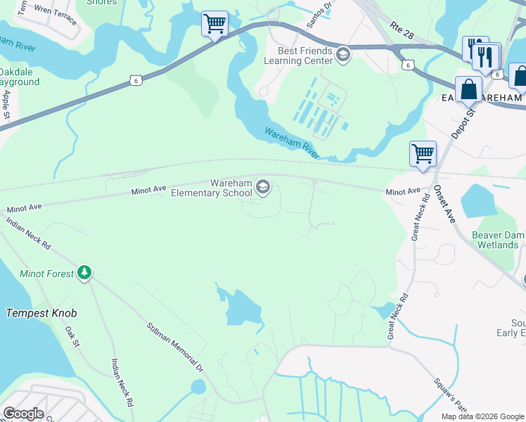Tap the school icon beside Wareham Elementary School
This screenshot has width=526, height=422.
click(263, 186)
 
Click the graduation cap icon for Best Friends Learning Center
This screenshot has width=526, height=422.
click(342, 54)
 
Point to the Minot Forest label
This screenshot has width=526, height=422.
click(46, 274)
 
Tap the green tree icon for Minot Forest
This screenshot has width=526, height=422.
click(84, 272)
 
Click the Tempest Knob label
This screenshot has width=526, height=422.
click(41, 313)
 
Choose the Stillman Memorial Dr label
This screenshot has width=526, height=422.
click(174, 347)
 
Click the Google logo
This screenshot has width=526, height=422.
click(23, 414)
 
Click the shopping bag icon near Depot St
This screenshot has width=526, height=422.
click(468, 89)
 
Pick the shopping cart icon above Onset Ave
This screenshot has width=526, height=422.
click(423, 153)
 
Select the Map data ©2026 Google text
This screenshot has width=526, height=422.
click(482, 416)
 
